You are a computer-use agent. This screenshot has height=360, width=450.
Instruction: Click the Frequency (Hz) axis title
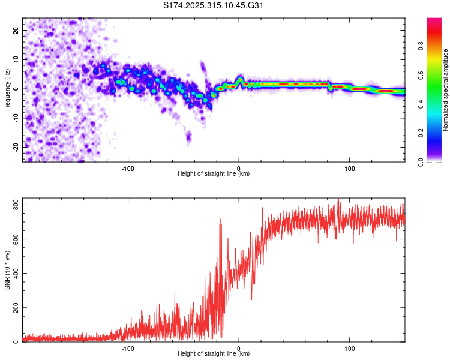[7, 89]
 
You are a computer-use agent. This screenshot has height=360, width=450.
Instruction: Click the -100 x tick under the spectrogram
[127, 168]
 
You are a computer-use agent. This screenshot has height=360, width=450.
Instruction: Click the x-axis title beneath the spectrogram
[214, 174]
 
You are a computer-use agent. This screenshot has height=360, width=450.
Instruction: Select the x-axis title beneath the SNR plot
[214, 354]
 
